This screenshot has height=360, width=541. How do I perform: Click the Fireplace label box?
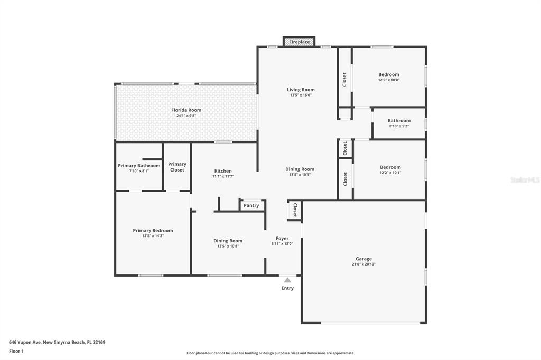point(299,42)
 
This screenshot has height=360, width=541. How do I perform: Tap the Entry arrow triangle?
point(287,280)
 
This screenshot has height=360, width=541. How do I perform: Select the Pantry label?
point(251,205)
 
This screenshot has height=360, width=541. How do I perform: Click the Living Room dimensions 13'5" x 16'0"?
point(301,95)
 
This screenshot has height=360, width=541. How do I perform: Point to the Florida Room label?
point(186,110)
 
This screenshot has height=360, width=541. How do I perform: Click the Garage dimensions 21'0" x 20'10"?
point(363,264)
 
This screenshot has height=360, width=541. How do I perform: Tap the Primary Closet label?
point(177,167)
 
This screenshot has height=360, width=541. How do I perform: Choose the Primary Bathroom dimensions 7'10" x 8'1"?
point(139,171)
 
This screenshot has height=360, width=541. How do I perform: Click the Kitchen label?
point(223,171)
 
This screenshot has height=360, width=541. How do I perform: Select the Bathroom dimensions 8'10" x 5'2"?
point(399,126)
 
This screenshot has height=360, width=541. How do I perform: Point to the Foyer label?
point(282,238)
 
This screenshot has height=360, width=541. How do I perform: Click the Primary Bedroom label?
point(153,230)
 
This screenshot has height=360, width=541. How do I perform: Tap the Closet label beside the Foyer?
point(295,210)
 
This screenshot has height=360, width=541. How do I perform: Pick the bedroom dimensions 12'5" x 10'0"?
point(389,80)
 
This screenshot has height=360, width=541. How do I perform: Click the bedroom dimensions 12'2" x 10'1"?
point(390,173)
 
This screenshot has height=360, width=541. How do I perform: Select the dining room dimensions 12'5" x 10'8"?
point(228,246)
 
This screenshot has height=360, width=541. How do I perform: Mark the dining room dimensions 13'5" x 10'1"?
point(300,175)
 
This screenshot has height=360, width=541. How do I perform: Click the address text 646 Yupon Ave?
point(25,343)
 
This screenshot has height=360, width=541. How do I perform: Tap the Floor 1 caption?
point(16,352)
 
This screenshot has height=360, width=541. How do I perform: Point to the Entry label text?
point(287,288)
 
